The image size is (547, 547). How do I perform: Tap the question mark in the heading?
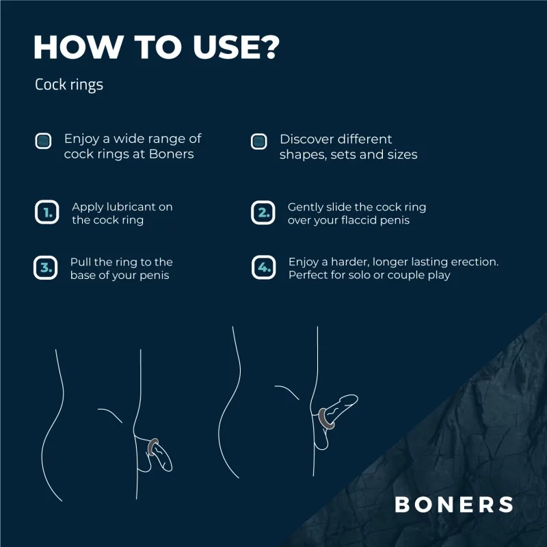pyautogui.click(x=268, y=46)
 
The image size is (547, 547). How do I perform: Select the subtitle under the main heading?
pyautogui.click(x=69, y=85)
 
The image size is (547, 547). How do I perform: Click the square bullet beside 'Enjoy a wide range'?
pyautogui.click(x=44, y=141)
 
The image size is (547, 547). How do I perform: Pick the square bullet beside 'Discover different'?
pyautogui.click(x=259, y=141)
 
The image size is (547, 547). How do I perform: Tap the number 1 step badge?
pyautogui.click(x=46, y=212)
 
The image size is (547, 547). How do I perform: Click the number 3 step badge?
pyautogui.click(x=46, y=268)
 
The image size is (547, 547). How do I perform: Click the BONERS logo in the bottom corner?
pyautogui.click(x=454, y=505)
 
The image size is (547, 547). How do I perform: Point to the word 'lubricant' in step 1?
pyautogui.click(x=131, y=206)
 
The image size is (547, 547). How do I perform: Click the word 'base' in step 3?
pyautogui.click(x=83, y=276)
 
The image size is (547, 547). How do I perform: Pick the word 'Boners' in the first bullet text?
pyautogui.click(x=172, y=155)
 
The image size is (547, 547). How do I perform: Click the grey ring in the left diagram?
pyautogui.click(x=153, y=447)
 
